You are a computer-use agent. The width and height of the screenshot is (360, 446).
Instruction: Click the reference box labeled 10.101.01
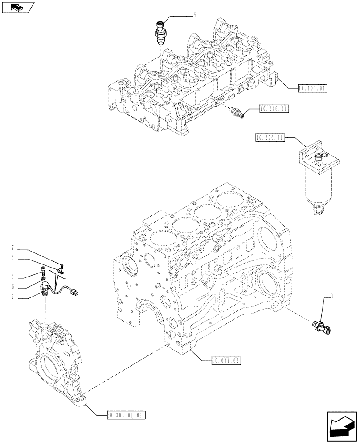tap(312, 88)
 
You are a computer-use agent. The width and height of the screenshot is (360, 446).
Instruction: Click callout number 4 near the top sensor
tap(194, 15)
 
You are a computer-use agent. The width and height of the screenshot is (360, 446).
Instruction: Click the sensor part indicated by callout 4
tap(160, 32)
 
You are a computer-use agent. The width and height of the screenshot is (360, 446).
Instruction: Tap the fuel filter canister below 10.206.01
tap(318, 183)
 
